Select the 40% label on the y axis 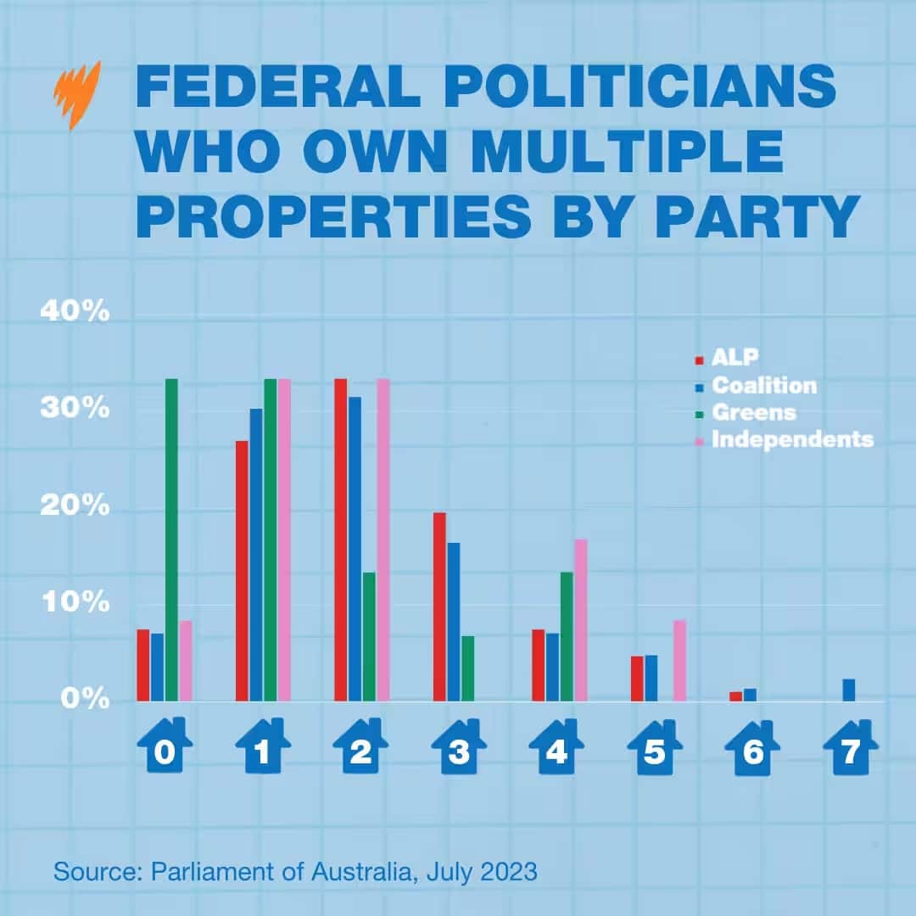75,312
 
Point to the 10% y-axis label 75,604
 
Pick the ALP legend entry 734,358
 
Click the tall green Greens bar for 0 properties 171,539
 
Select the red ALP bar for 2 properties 341,539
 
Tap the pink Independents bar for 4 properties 581,620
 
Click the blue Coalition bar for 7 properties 849,690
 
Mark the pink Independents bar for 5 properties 679,661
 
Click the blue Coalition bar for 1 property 255,555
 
